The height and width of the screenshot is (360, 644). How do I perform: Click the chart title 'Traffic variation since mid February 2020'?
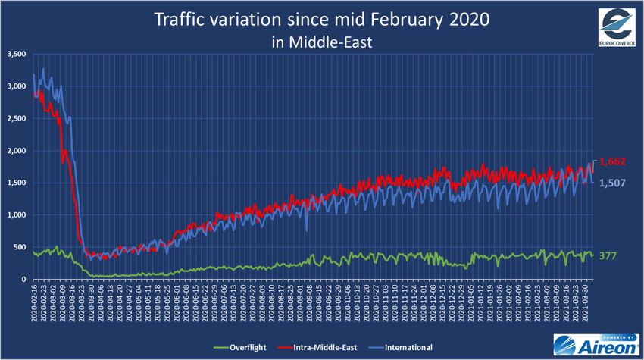[322, 18]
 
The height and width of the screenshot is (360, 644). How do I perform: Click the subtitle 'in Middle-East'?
[322, 42]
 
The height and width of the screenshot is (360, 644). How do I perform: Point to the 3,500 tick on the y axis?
[16, 55]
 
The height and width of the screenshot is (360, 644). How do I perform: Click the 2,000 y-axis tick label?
[16, 151]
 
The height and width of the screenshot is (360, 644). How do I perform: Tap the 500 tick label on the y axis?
[20, 247]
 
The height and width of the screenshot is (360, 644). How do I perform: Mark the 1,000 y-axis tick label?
[16, 215]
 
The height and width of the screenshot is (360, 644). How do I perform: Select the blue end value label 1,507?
[612, 183]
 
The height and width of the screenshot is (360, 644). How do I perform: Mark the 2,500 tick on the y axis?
[16, 119]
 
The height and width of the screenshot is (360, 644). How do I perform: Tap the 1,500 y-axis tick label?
[16, 183]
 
